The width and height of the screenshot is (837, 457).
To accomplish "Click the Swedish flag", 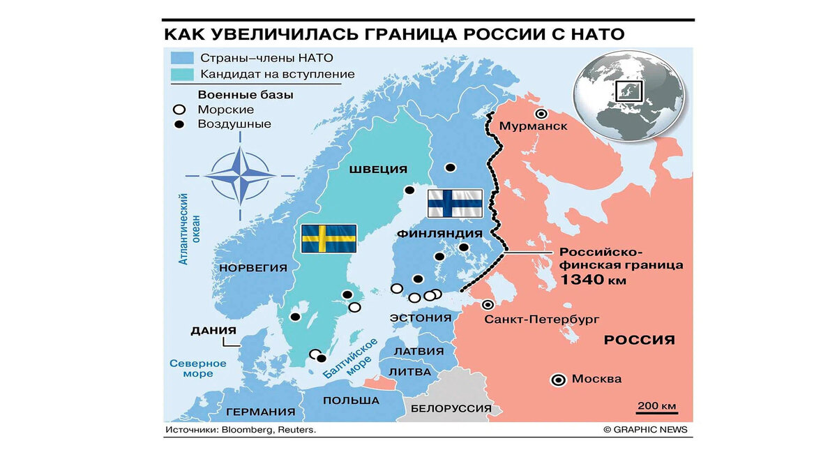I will (x=329, y=239).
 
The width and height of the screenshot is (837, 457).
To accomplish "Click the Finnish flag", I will (x=455, y=203).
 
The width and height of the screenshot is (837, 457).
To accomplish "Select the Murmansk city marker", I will (x=540, y=114).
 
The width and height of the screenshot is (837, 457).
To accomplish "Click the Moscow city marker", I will (x=558, y=380).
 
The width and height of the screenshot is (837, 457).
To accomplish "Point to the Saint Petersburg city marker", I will (x=488, y=305).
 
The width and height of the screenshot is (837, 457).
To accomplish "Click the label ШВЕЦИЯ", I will (x=379, y=170).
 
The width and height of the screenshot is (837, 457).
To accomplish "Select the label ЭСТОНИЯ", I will (x=421, y=318).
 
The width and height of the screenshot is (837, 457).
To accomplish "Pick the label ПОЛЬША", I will (x=351, y=400).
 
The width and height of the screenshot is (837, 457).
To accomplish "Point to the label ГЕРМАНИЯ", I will (x=260, y=412).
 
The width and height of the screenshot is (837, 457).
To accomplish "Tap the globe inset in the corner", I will (x=628, y=98).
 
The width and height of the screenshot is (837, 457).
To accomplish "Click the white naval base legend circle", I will (x=180, y=110).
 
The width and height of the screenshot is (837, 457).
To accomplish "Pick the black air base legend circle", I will (x=180, y=124).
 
